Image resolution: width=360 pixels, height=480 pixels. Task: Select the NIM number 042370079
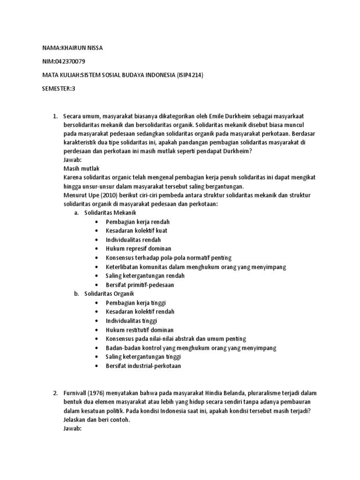click(x=70, y=61)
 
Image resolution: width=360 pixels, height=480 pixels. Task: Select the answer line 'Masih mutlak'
click(x=81, y=168)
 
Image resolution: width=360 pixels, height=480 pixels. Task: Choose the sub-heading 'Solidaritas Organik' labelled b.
click(x=109, y=293)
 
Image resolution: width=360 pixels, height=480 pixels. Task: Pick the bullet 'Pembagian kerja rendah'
click(x=137, y=222)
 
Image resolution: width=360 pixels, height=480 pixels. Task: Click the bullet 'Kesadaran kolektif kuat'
click(x=136, y=231)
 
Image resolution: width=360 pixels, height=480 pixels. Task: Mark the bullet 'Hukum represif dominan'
click(x=138, y=248)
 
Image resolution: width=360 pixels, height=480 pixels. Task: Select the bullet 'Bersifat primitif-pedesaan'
click(x=140, y=285)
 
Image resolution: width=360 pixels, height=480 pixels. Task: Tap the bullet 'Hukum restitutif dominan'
click(x=140, y=330)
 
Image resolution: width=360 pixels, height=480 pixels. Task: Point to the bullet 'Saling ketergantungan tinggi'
click(x=143, y=357)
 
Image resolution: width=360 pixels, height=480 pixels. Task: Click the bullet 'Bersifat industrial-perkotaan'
click(x=143, y=366)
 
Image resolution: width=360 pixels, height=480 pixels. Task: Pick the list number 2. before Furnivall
click(x=55, y=393)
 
